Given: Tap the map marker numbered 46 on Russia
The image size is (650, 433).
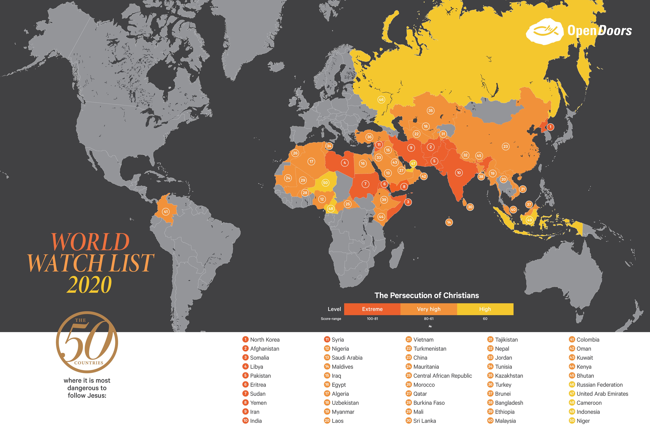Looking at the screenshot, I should pyautogui.click(x=381, y=100).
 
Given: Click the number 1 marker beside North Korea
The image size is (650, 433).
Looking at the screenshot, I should pyautogui.click(x=550, y=127).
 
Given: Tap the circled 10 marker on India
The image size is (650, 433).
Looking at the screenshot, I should pyautogui.click(x=459, y=173).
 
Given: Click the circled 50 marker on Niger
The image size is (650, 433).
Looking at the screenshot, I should pyautogui.click(x=325, y=182).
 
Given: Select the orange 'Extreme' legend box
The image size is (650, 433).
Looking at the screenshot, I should pyautogui.click(x=372, y=309).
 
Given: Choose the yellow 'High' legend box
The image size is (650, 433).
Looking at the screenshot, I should pyautogui.click(x=485, y=309).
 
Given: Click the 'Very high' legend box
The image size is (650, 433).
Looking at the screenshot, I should pyautogui.click(x=428, y=309).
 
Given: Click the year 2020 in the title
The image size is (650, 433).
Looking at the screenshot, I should pyautogui.click(x=89, y=284).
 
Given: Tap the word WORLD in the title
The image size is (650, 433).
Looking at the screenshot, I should pyautogui.click(x=90, y=242).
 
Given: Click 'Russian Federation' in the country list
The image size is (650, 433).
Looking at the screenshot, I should pyautogui.click(x=600, y=385).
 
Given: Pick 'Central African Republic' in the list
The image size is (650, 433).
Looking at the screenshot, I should pyautogui.click(x=443, y=375).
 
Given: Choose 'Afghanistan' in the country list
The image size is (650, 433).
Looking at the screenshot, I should pyautogui.click(x=264, y=349).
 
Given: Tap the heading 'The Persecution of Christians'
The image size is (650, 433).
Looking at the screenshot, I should pyautogui.click(x=426, y=295).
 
